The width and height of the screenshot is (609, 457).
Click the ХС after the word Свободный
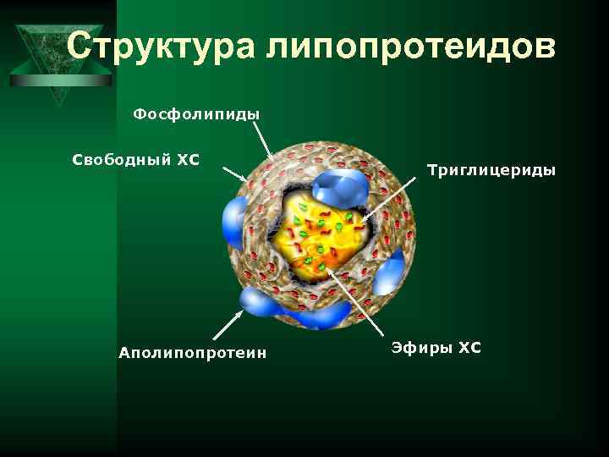(187, 158)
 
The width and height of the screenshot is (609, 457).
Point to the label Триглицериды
(491, 170)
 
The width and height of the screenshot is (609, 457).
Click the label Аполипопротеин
(193, 352)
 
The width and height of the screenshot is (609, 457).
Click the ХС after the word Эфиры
(469, 347)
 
